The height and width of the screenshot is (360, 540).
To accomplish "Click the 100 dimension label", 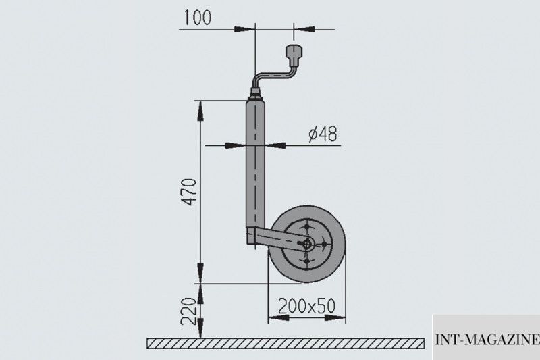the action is tap(197, 18).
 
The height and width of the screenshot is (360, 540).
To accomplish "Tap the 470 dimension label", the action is tap(189, 192).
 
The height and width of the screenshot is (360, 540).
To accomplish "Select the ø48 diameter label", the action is tap(323, 134).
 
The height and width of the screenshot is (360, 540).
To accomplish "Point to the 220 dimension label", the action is tap(189, 311).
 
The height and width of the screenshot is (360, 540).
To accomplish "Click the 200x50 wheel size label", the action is tap(306, 305).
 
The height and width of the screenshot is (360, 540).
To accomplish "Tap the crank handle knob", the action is tap(294, 55).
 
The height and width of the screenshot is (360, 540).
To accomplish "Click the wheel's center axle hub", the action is tap(306, 245).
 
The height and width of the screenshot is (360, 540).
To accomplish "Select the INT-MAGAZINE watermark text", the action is tap(487, 340).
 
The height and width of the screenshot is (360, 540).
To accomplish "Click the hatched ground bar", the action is tap(286, 344).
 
